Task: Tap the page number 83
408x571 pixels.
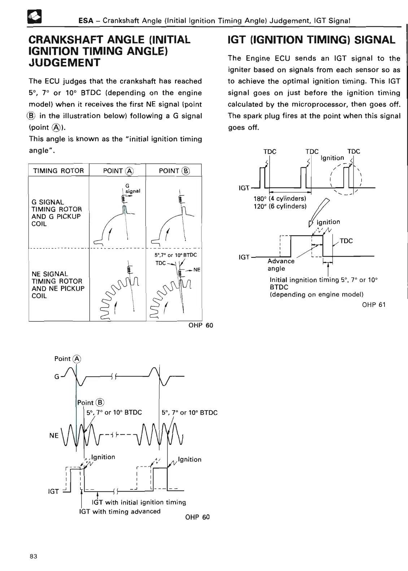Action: point(33,556)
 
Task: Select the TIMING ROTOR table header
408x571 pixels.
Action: point(58,171)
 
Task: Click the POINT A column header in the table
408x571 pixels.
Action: point(118,171)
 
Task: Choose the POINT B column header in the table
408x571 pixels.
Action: point(174,171)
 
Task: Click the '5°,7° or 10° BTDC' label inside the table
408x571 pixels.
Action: point(175,255)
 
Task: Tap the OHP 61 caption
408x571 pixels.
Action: point(374,305)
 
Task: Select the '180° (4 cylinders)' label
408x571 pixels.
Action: point(280,199)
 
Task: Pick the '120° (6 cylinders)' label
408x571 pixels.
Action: point(280,206)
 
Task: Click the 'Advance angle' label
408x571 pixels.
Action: point(281,265)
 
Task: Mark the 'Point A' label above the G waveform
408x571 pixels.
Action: point(68,359)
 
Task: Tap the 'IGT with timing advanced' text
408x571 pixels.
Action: point(120,511)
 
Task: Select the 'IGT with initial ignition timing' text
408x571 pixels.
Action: point(139,502)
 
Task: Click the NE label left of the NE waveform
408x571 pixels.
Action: point(54,435)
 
